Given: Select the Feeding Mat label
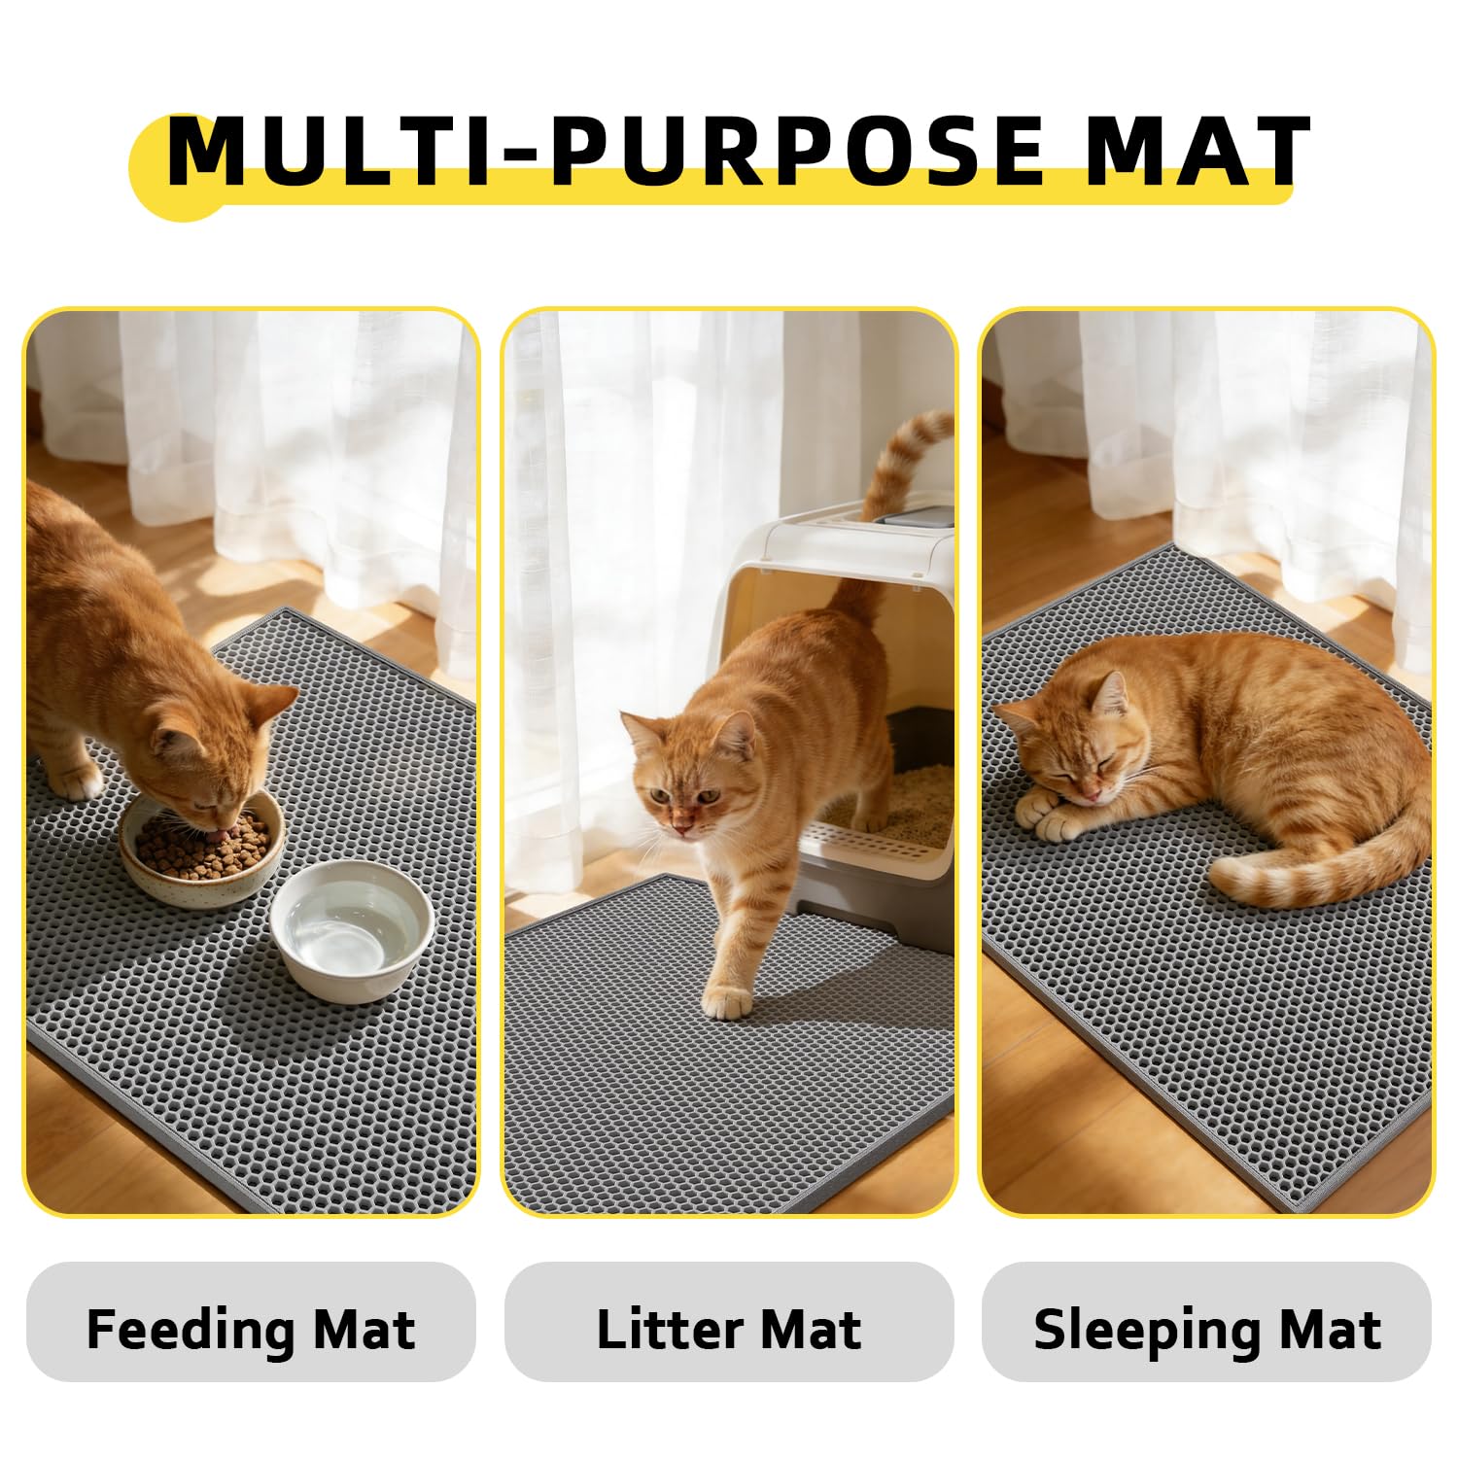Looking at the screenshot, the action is click(251, 1329).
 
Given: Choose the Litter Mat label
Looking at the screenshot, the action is click(729, 1329).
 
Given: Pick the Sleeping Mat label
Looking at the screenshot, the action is click(1207, 1329).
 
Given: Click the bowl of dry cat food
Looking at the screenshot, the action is click(202, 848).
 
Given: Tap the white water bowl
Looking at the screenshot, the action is click(352, 930).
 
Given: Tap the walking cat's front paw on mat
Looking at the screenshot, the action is click(727, 1001).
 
